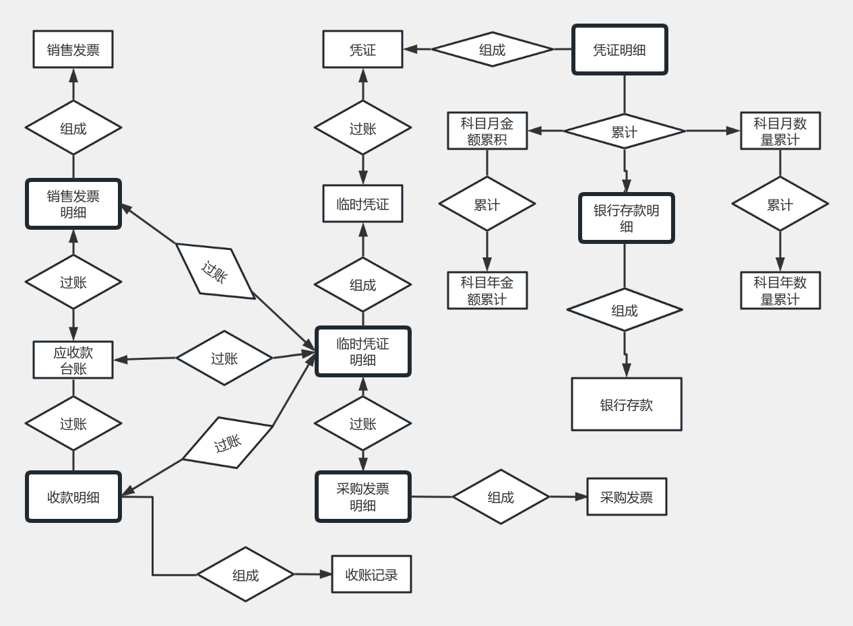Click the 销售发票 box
pyautogui.click(x=73, y=49)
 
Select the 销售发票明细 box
pyautogui.click(x=73, y=204)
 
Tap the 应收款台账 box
pyautogui.click(x=73, y=360)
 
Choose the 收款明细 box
pyautogui.click(x=73, y=497)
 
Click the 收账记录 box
pyautogui.click(x=371, y=574)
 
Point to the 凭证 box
pyautogui.click(x=362, y=49)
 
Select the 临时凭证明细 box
pyautogui.click(x=362, y=352)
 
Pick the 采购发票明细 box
pyautogui.click(x=362, y=497)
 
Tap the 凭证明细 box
pyautogui.click(x=619, y=50)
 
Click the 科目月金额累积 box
pyautogui.click(x=487, y=131)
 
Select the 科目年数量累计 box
pyautogui.click(x=780, y=290)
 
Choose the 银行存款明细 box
pyautogui.click(x=626, y=218)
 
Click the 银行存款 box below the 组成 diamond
pyautogui.click(x=626, y=404)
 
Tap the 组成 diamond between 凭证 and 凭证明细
pyautogui.click(x=492, y=49)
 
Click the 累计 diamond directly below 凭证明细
pyautogui.click(x=624, y=131)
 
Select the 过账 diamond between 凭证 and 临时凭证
pyautogui.click(x=362, y=127)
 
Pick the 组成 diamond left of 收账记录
pyautogui.click(x=245, y=574)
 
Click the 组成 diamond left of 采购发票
pyautogui.click(x=501, y=497)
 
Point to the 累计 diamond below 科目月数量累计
pyautogui.click(x=780, y=204)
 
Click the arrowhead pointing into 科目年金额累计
pyautogui.click(x=487, y=265)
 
